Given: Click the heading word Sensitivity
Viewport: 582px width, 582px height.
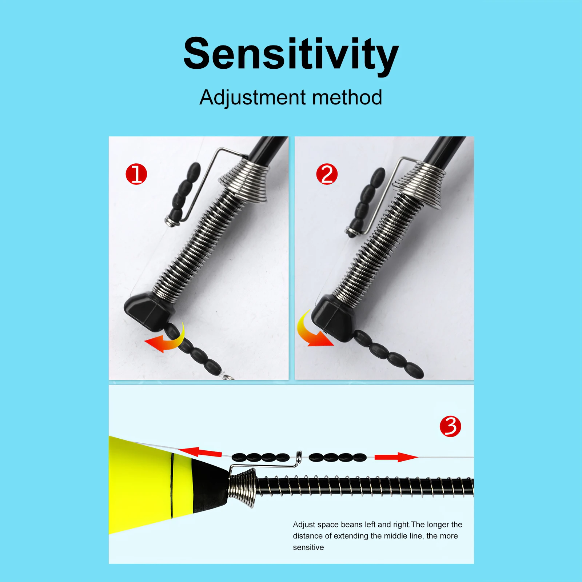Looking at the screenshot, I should [291, 54].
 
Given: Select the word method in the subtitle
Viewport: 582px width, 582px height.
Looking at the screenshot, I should [347, 97].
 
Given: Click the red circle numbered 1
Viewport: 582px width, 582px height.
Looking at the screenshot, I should [136, 174].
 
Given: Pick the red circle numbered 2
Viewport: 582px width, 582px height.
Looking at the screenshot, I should [327, 174].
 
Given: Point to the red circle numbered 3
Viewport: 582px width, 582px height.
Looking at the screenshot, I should [450, 426].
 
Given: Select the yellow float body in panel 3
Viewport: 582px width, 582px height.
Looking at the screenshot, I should [145, 484].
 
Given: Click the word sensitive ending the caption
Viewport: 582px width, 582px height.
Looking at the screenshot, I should [308, 547].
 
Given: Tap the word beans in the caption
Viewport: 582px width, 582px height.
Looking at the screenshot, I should [352, 525].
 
